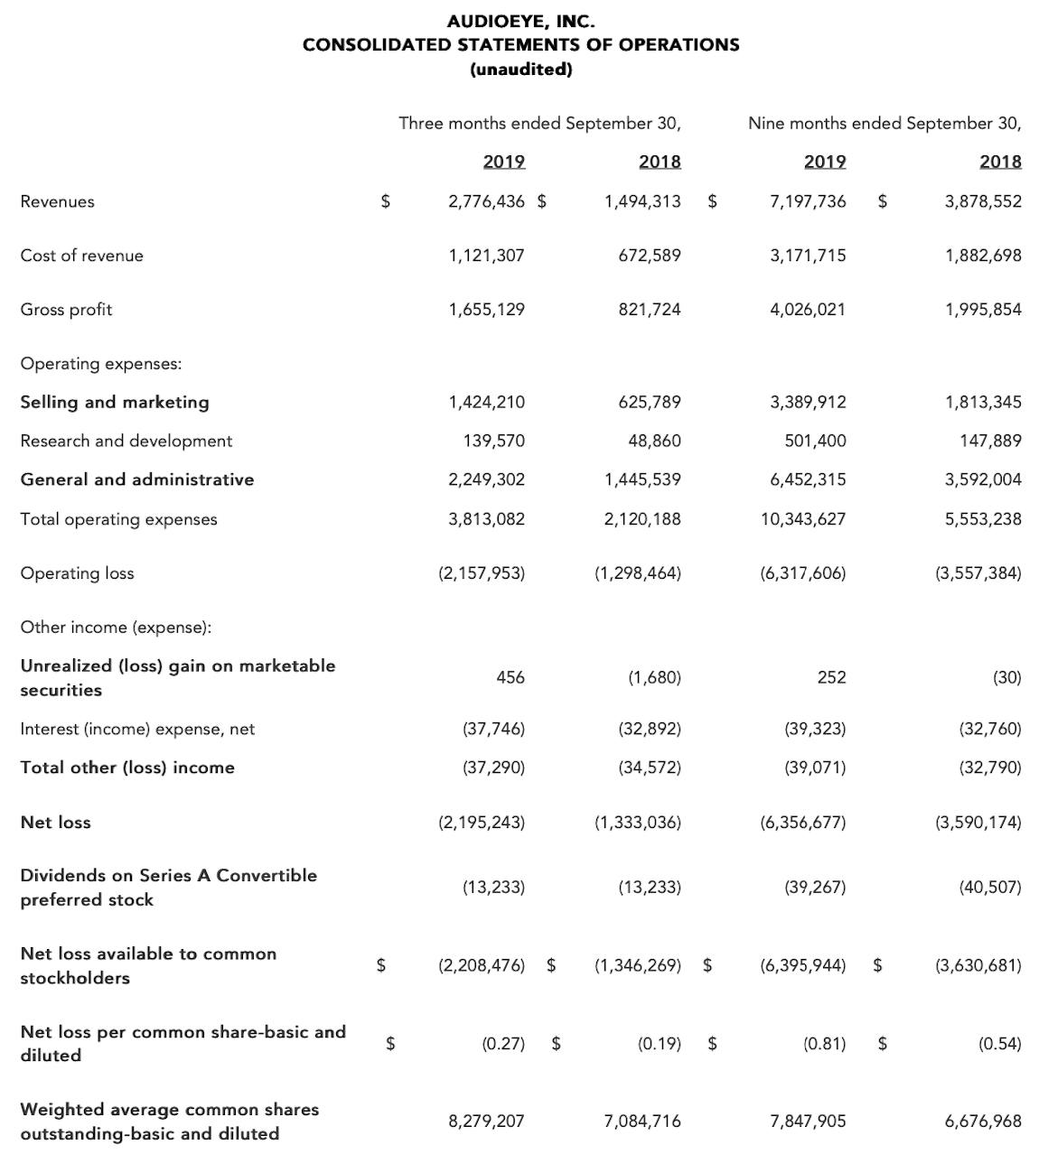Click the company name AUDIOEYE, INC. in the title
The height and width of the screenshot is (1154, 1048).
tap(521, 20)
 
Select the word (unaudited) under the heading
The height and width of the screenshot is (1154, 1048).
tap(521, 70)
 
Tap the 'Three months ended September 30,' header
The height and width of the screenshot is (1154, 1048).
tap(539, 123)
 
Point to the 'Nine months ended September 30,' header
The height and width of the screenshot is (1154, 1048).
tap(884, 123)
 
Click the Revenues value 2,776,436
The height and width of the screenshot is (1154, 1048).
tap(486, 201)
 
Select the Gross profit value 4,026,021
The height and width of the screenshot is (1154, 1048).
tap(808, 310)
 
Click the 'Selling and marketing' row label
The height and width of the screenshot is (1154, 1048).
tap(115, 402)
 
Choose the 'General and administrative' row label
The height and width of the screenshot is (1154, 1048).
tap(137, 479)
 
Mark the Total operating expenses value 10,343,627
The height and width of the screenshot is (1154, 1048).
tap(803, 519)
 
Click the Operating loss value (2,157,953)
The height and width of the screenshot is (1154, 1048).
tap(482, 573)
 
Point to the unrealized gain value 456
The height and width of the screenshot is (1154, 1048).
tap(510, 677)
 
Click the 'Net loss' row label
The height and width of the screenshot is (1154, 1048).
tap(56, 823)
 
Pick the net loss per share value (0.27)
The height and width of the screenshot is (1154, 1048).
tap(503, 1044)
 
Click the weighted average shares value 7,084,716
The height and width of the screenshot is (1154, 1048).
tap(642, 1121)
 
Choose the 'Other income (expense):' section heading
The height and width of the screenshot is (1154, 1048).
tap(116, 628)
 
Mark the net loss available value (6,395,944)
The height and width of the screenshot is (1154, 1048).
tap(803, 965)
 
